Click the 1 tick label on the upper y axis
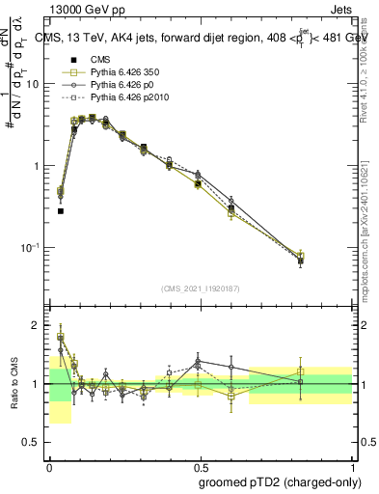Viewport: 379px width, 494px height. click(x=40, y=166)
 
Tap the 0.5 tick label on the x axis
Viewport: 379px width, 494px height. click(x=201, y=466)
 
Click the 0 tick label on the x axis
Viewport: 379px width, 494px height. click(x=49, y=466)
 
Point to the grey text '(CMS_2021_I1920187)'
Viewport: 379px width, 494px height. click(x=201, y=288)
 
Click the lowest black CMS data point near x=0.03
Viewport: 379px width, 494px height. click(x=61, y=210)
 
